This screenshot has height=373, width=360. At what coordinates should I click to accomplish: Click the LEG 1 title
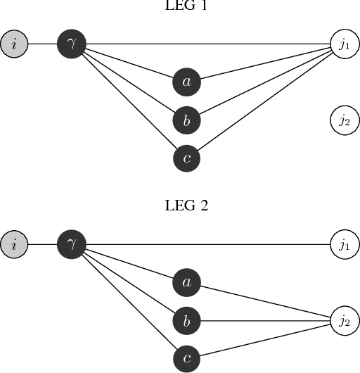click(x=186, y=6)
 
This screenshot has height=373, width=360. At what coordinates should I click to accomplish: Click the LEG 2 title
click(x=186, y=206)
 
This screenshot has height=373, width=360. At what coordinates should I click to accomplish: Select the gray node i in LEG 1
click(x=15, y=44)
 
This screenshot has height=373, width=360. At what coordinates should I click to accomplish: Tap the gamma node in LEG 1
click(x=70, y=44)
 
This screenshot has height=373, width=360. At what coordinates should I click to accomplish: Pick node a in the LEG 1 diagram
click(x=187, y=82)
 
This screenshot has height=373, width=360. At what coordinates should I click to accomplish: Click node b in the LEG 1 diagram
click(x=187, y=120)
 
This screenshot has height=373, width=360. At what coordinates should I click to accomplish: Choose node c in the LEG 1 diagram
click(x=187, y=158)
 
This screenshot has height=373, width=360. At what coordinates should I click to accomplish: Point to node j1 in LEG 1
click(x=345, y=44)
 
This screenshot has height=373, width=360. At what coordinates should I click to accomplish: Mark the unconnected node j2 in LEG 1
click(x=345, y=120)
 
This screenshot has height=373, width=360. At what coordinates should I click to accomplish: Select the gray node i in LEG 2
click(x=15, y=245)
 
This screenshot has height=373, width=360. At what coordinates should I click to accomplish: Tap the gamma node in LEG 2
click(x=70, y=245)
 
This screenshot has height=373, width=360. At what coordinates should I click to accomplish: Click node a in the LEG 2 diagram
click(x=187, y=283)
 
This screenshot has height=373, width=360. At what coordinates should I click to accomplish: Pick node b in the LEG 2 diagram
click(x=187, y=321)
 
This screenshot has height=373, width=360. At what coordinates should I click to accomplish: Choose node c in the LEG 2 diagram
click(x=187, y=359)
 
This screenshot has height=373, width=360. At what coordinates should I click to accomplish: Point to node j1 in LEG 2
click(x=345, y=245)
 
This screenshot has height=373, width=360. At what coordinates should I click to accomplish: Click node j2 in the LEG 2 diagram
click(x=345, y=321)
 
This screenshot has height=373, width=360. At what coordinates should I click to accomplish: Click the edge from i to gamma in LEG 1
click(x=42, y=44)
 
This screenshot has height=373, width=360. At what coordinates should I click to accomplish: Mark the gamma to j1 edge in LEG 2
click(x=211, y=245)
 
